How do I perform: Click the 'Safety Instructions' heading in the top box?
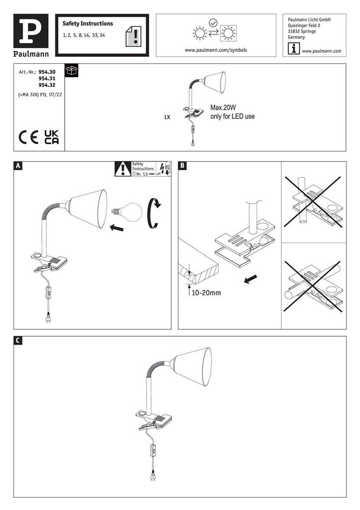point(88,23)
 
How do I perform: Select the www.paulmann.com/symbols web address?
point(216,50)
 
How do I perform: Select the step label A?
point(18,166)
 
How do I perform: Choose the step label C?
point(18,341)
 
